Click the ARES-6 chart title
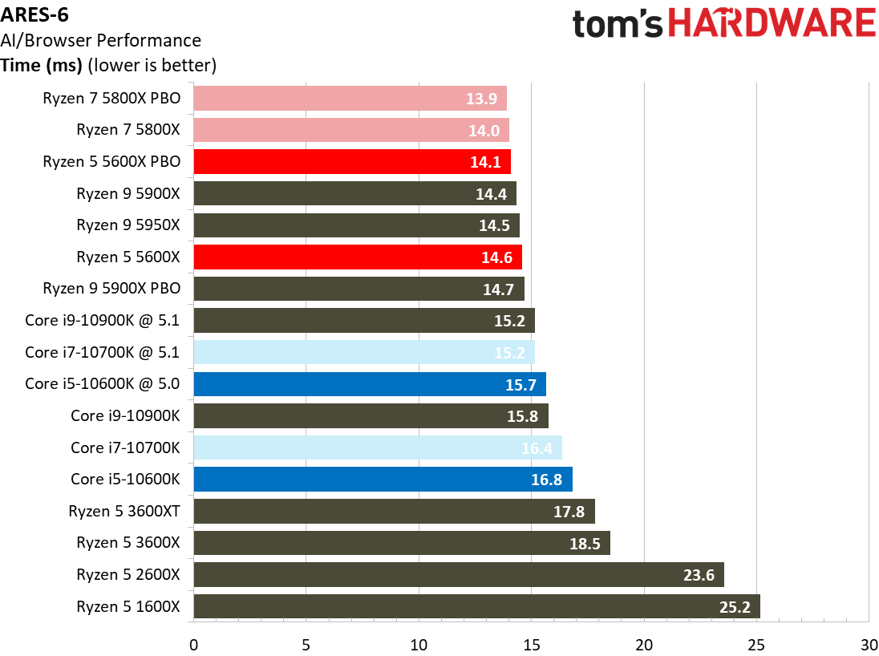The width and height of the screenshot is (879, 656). pos(34,16)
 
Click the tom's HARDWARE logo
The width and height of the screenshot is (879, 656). pos(723,23)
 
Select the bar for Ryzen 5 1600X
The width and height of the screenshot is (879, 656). pos(476,606)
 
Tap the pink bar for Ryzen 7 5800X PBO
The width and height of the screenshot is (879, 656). pos(350,98)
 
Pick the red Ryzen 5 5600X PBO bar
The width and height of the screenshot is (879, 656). pos(351,161)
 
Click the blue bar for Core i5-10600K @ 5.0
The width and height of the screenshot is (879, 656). pos(369,384)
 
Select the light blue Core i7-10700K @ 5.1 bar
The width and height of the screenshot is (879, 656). pos(363,352)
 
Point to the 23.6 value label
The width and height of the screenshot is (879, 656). pos(699,575)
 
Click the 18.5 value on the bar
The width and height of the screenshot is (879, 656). pos(584,543)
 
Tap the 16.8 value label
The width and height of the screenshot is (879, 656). pos(546,480)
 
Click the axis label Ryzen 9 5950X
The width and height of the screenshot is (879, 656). pos(128,225)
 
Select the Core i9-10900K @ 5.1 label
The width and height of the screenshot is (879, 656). pos(102,321)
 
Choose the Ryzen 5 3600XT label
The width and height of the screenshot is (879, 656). pos(124,511)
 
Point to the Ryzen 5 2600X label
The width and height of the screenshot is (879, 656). pos(128,574)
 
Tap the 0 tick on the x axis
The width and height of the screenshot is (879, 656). pos(193,644)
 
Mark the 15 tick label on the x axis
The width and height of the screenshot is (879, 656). pos(531,644)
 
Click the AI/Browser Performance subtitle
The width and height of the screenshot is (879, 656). pos(101,40)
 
